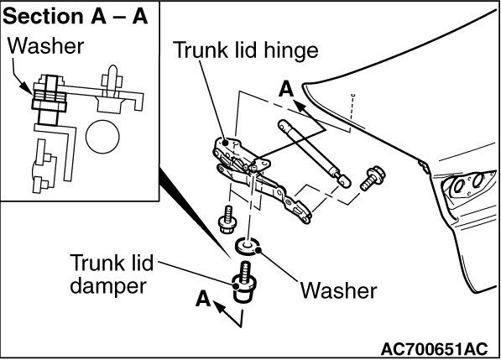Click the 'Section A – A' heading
(76, 16)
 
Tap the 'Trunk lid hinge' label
(246, 51)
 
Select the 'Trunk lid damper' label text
(111, 274)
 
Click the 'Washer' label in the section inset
(45, 46)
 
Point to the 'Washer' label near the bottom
(339, 290)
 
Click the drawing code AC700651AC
(435, 349)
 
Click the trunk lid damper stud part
(244, 282)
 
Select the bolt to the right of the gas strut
(373, 178)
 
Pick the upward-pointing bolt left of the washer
(227, 220)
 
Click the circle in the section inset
(102, 137)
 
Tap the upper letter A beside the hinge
(286, 89)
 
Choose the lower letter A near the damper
(203, 299)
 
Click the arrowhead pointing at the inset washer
(25, 87)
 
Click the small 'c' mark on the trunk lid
(353, 95)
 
